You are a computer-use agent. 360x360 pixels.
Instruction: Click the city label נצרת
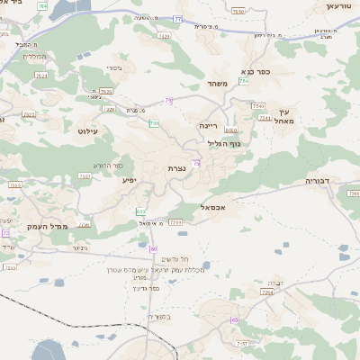tap(175, 168)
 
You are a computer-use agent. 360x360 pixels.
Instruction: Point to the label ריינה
tap(209, 126)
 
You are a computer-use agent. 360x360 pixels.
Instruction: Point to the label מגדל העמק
tap(42, 227)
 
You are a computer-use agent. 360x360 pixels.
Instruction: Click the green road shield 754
tap(244, 81)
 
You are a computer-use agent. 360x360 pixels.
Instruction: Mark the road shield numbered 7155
tap(14, 184)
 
